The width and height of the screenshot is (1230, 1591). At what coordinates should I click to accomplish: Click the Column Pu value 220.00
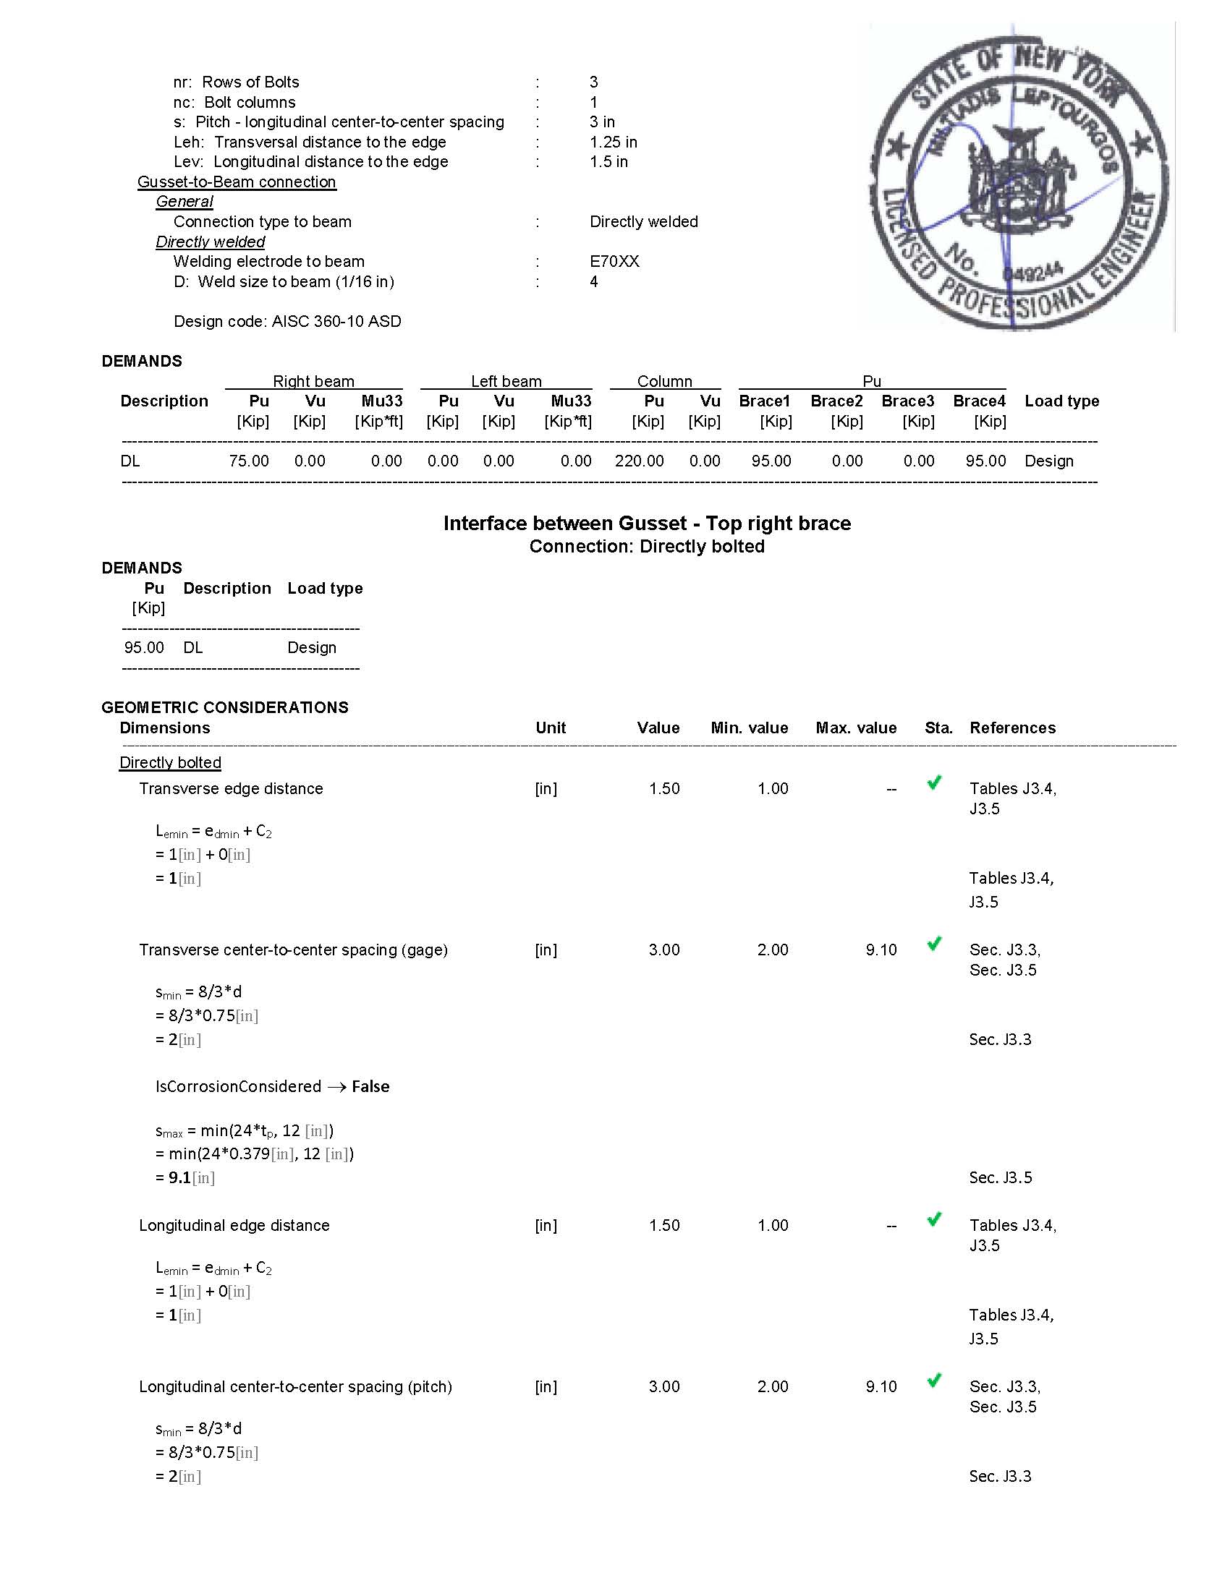639,461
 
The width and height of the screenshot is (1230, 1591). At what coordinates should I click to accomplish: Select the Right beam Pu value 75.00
248,461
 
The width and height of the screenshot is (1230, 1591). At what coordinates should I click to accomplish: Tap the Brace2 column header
836,401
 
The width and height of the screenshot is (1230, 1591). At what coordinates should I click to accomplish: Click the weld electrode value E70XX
614,262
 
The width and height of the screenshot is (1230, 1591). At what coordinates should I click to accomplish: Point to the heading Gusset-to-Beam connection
237,182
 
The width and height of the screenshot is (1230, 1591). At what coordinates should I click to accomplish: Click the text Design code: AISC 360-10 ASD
287,321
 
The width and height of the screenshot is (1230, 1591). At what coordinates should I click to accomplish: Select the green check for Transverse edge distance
933,783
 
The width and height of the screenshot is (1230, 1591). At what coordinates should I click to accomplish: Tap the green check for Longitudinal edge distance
933,1219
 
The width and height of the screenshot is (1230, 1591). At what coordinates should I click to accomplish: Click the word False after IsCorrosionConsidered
370,1086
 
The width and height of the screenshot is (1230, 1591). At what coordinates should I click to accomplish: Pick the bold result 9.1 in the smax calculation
179,1177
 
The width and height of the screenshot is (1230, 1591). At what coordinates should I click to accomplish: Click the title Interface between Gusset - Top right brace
647,524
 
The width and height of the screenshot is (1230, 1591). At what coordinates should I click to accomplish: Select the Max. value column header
855,728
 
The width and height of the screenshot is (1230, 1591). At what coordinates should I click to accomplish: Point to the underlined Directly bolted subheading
171,763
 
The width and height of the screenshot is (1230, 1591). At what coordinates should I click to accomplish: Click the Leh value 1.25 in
613,142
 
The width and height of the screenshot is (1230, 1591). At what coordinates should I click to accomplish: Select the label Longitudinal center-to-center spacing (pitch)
295,1386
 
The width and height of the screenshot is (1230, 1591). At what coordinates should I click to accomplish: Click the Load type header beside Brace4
1061,401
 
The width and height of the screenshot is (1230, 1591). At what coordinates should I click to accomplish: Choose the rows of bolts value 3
594,82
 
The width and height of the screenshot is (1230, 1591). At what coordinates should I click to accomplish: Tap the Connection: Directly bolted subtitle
647,547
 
